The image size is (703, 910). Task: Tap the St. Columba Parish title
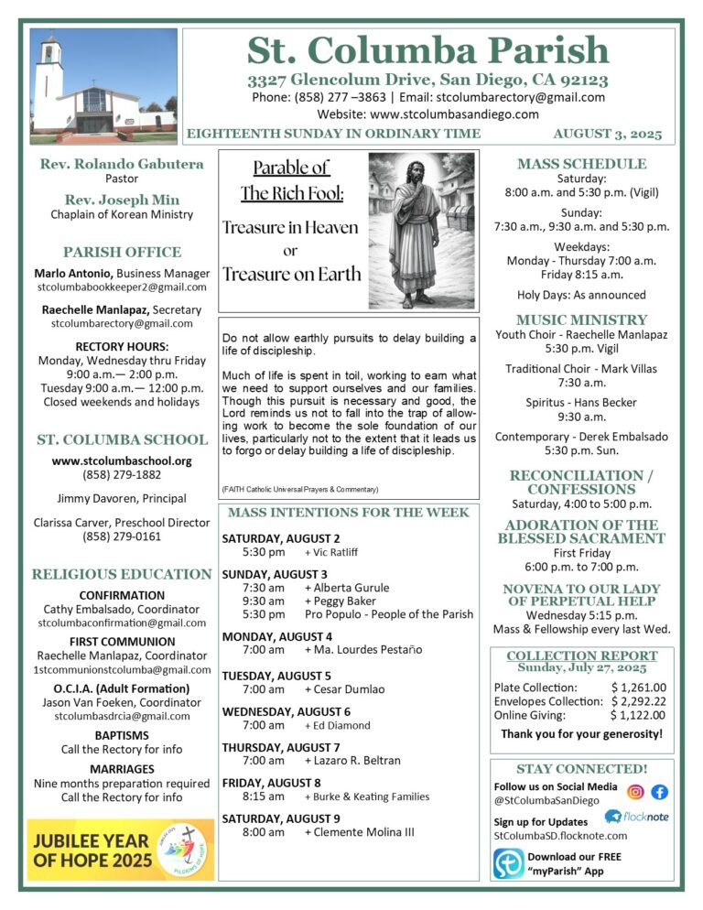click(428, 49)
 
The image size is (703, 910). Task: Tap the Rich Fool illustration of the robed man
click(421, 231)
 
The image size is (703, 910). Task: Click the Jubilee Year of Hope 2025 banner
click(121, 850)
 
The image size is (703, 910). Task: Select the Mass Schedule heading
click(581, 164)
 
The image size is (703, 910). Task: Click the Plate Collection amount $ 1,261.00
click(638, 688)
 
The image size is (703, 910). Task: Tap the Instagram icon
click(635, 792)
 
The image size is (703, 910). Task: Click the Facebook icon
click(659, 792)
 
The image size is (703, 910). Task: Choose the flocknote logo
click(639, 817)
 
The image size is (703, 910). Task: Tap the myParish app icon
click(509, 863)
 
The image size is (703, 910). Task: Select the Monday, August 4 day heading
click(277, 635)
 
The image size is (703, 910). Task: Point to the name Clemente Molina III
click(360, 832)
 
